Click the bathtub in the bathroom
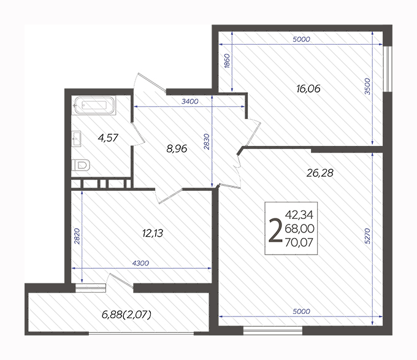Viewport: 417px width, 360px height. tap(94, 105)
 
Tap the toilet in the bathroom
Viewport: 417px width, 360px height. tap(81, 165)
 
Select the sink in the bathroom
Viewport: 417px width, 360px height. tap(77, 139)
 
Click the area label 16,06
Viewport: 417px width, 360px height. tap(308, 88)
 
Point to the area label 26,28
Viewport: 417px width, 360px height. tap(319, 173)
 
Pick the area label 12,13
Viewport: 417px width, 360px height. tap(153, 233)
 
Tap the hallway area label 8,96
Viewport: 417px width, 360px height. tap(177, 148)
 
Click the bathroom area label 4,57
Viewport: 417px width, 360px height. tap(108, 138)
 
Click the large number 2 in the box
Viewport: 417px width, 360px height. tap(275, 230)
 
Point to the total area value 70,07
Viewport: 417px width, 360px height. tap(299, 242)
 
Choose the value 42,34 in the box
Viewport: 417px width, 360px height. tap(299, 215)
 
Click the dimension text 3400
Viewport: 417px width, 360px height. tap(190, 101)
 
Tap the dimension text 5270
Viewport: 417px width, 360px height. tap(367, 236)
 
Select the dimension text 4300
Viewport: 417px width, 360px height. tap(140, 263)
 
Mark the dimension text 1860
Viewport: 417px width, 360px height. tap(227, 61)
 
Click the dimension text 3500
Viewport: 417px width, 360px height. tap(367, 86)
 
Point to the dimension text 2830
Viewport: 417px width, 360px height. tap(207, 142)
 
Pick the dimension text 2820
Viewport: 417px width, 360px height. tap(77, 236)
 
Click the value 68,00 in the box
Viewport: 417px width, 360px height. tap(299, 229)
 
